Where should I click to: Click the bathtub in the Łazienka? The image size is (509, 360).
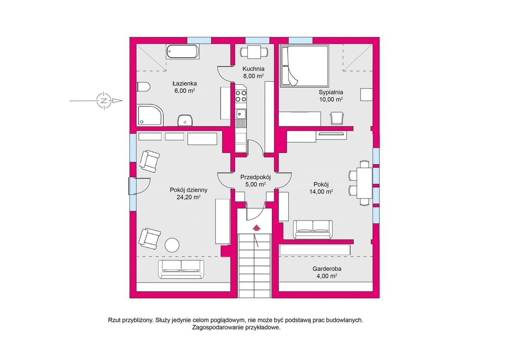point(183,52)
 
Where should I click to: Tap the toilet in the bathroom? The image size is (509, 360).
point(144,87)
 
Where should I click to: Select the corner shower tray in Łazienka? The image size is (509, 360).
point(150,115)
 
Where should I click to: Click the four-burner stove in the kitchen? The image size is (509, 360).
point(241,96)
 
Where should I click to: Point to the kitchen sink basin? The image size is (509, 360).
point(241,114)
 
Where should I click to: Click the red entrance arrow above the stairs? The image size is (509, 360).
point(256,228)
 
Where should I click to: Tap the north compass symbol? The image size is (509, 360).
point(104,101)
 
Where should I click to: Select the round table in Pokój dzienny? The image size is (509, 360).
point(172,245)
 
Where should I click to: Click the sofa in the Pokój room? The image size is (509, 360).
point(313,229)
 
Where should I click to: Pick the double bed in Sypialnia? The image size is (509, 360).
point(305,66)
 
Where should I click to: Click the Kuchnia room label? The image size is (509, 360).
point(253,69)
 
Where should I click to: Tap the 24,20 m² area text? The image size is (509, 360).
point(188,197)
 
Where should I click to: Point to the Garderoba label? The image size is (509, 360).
point(327,269)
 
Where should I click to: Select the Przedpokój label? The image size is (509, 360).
point(256,177)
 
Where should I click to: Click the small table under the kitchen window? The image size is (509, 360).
point(254,52)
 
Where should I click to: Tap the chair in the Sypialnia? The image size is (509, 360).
point(337,118)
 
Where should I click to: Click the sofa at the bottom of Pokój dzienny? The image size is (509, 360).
point(181,270)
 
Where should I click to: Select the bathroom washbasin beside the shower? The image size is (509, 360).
point(185,120)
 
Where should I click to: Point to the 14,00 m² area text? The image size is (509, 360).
point(321,192)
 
